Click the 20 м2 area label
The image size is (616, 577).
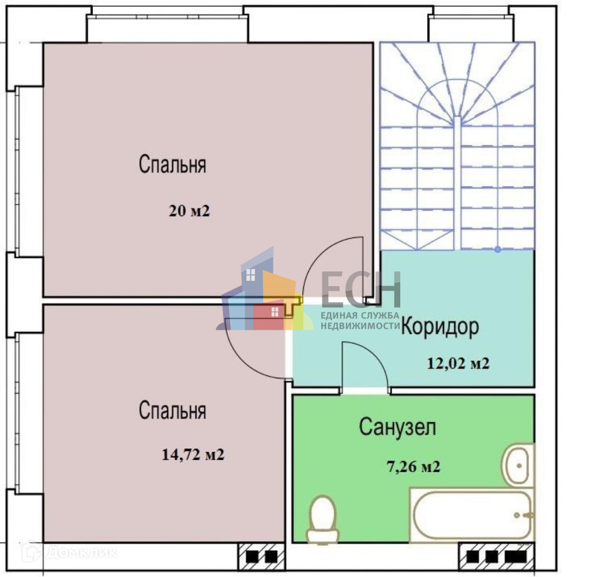[x=189, y=211]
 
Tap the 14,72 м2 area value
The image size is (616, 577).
[x=193, y=455]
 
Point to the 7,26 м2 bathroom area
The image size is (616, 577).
[x=412, y=466]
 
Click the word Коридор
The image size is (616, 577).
[x=440, y=327]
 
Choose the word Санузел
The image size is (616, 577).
[x=397, y=428]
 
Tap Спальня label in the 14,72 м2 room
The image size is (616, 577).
[x=172, y=411]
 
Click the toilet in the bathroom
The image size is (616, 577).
[x=322, y=519]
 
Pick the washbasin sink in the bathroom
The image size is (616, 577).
[x=520, y=463]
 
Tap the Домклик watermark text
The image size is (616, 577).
[x=81, y=552]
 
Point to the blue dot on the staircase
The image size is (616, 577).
[x=497, y=250]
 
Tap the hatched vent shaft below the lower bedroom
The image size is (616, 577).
[x=261, y=557]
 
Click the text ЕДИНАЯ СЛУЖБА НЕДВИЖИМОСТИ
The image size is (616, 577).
[x=360, y=320]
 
